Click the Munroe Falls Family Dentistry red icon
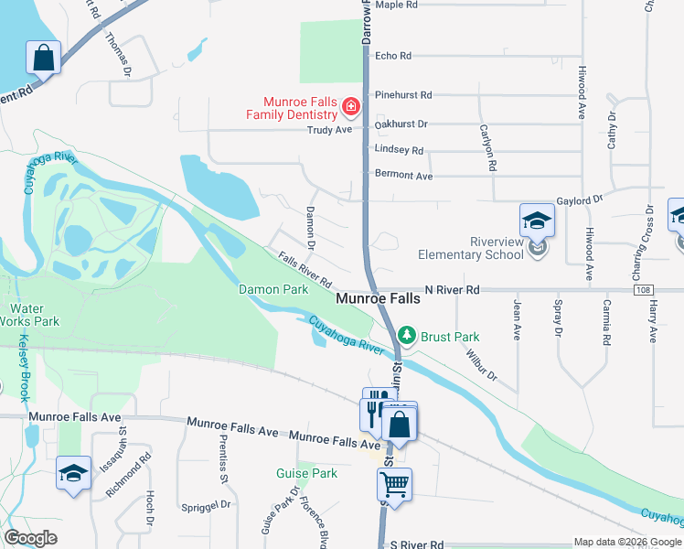click(x=349, y=108)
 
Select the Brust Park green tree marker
click(x=408, y=336)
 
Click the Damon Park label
click(x=273, y=290)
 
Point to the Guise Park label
click(x=307, y=473)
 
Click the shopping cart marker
click(x=394, y=485)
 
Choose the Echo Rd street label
click(x=393, y=56)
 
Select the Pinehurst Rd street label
click(x=402, y=94)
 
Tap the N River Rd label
click(x=451, y=289)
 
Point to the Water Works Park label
click(x=34, y=315)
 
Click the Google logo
click(x=30, y=538)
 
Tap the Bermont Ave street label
click(x=403, y=174)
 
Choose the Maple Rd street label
click(x=396, y=5)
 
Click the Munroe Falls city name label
click(x=378, y=299)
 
